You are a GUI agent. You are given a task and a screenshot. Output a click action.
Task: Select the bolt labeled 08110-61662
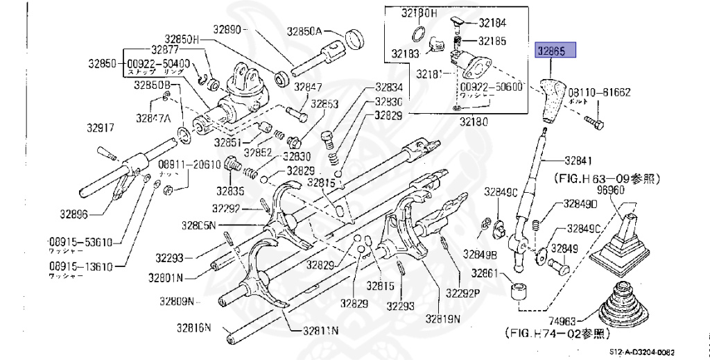(594, 123)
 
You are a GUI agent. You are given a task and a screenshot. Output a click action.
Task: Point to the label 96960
(611, 189)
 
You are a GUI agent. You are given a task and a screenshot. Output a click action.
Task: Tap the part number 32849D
(580, 204)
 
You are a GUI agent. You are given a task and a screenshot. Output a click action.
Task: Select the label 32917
(101, 128)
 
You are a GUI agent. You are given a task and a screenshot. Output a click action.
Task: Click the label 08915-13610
(80, 266)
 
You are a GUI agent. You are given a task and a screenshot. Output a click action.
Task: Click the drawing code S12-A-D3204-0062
(642, 352)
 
